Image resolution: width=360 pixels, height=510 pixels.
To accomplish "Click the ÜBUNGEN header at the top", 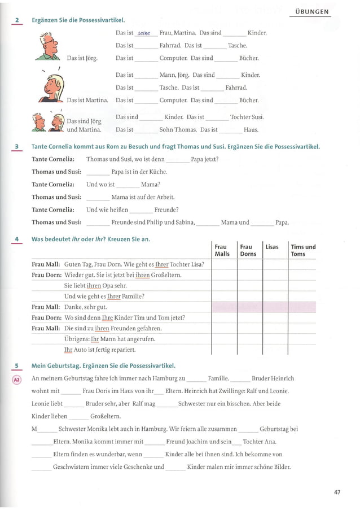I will (x=312, y=11).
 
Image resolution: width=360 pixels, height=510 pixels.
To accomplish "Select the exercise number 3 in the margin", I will (x=17, y=147).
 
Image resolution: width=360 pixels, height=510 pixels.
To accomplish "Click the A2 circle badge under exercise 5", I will (x=16, y=379).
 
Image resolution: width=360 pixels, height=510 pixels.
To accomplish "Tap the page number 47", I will (x=337, y=492).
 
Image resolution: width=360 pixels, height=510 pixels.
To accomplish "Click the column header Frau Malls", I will (x=222, y=250).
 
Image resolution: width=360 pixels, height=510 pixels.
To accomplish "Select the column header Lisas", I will (x=272, y=247).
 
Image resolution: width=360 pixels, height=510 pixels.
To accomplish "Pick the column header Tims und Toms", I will (x=303, y=250).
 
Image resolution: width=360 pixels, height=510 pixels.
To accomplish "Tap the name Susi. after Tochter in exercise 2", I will (x=258, y=117).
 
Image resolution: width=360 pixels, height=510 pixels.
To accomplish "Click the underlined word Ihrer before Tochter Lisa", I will (x=161, y=264).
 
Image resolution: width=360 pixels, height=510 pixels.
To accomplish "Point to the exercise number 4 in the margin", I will (x=17, y=239).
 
